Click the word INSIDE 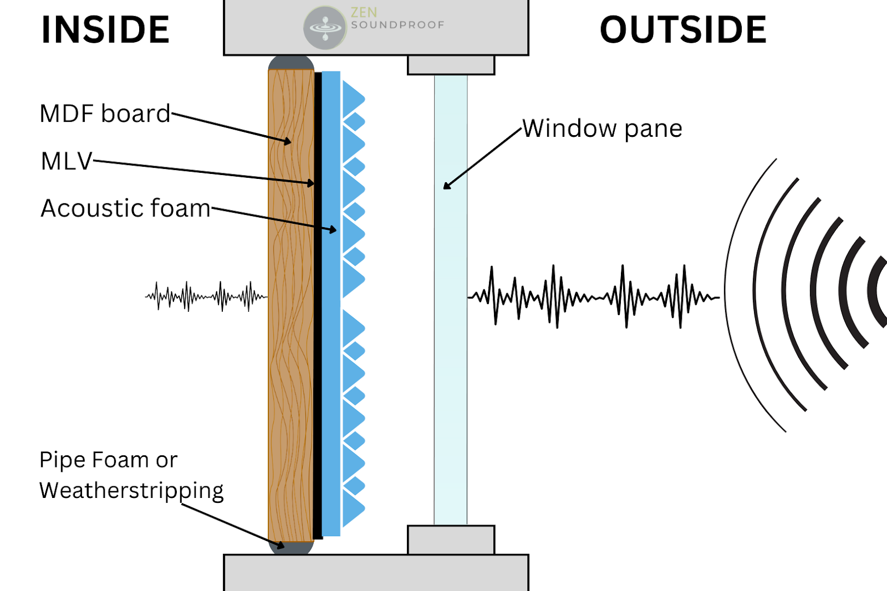(x=105, y=30)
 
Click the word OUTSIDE (x=683, y=30)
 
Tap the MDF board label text (x=105, y=114)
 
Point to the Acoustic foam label (x=126, y=208)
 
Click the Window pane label (x=602, y=129)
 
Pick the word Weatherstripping (x=131, y=491)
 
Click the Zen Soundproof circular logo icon (x=325, y=27)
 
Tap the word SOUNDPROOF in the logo (x=397, y=25)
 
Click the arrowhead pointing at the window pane (x=447, y=186)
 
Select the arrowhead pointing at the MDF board (x=287, y=142)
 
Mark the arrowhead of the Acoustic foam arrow (x=333, y=229)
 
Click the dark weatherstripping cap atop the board (x=291, y=62)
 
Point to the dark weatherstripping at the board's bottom (x=291, y=547)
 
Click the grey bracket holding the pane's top (x=451, y=65)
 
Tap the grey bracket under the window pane (x=451, y=539)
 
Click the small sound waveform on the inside (x=206, y=296)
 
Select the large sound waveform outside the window (x=593, y=297)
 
